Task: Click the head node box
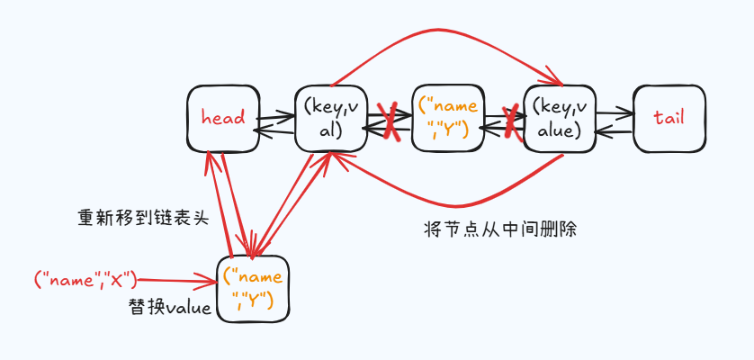[223, 118]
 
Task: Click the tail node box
[669, 118]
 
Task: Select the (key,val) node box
[330, 118]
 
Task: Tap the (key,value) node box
[558, 118]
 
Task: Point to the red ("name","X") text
[85, 280]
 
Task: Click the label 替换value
[170, 308]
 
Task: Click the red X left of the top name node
[390, 121]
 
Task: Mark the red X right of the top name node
[512, 121]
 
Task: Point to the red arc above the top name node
[441, 33]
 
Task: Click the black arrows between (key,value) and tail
[613, 121]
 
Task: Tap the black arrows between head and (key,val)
[275, 122]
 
